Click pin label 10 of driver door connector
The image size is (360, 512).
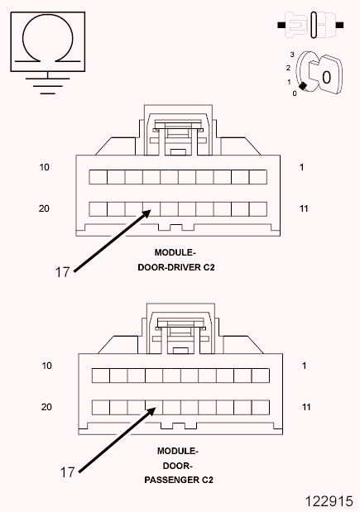tap(45, 167)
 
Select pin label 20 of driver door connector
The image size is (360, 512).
tap(45, 208)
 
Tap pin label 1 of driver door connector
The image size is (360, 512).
tap(302, 167)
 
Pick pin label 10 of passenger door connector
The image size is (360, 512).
tap(47, 366)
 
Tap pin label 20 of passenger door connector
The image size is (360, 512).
tap(47, 407)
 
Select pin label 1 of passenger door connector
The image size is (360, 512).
tap(305, 366)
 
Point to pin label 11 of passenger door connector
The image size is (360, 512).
tap(306, 407)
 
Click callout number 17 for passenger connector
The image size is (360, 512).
tap(67, 471)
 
